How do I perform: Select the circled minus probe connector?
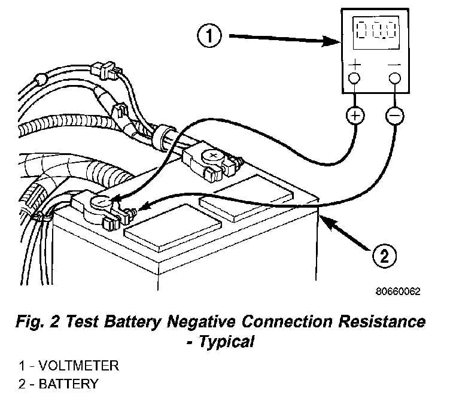[x=395, y=115]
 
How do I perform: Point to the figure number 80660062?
[x=398, y=293]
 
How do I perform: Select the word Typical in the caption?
[x=230, y=342]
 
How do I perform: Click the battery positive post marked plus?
[x=211, y=156]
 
